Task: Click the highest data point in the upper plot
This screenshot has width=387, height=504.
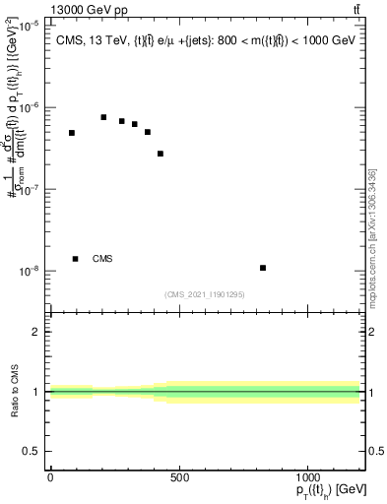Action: tap(103, 117)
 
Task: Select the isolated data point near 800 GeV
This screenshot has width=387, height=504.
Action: tap(263, 268)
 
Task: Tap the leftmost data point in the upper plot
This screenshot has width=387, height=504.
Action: tap(72, 133)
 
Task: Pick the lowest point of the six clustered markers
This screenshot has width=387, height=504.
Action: tap(161, 154)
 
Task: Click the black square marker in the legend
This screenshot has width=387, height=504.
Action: tap(76, 259)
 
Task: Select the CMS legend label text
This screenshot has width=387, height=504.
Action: tap(102, 259)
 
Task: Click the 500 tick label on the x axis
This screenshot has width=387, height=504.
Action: tap(179, 477)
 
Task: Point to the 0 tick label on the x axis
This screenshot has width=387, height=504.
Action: tap(50, 477)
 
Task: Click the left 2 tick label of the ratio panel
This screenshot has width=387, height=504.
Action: tap(34, 332)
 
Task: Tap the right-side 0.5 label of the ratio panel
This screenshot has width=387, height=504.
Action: tap(375, 451)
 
